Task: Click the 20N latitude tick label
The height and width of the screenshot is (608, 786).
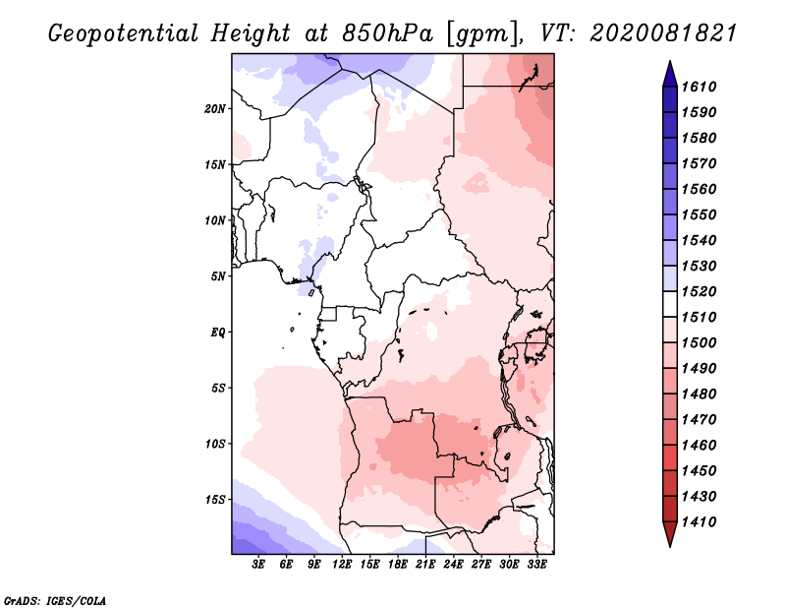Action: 215,109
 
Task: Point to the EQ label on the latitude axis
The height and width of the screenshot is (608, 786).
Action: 218,333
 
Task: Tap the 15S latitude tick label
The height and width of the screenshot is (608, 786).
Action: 215,500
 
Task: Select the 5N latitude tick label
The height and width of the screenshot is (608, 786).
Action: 218,276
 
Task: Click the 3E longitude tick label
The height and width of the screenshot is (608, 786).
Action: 258,564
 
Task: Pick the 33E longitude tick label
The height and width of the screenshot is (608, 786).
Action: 536,564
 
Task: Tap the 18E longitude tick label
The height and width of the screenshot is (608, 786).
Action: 398,564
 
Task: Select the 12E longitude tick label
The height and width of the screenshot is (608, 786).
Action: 342,564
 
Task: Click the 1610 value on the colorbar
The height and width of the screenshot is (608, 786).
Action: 699,87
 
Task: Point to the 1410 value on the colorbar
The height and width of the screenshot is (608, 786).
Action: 699,522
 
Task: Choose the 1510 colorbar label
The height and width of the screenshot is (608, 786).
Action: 699,318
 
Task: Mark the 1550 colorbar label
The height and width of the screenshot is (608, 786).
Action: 699,214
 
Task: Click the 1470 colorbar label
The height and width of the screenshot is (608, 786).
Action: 699,420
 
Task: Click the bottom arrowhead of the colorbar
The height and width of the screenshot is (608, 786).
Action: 670,533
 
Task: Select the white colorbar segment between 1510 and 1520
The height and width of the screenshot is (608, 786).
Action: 670,304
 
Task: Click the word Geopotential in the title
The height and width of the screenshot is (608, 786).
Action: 124,33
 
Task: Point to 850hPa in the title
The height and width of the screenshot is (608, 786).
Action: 387,33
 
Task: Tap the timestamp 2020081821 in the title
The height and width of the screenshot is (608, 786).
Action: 662,33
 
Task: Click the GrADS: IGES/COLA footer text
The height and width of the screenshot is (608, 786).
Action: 55,601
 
